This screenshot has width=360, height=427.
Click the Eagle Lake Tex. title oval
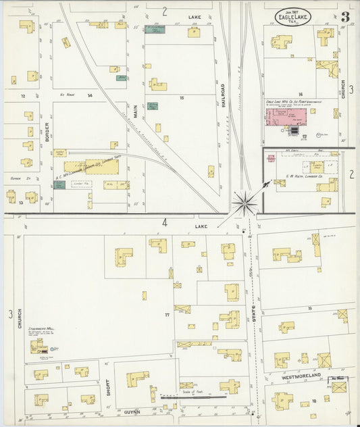coord(293,17)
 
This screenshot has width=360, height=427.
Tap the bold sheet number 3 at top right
coord(345,17)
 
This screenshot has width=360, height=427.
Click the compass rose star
coord(245,202)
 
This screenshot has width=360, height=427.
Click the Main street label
coord(135,111)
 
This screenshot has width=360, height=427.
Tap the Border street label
coord(47,129)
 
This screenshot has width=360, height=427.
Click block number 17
coord(167,315)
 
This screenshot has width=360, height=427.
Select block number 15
coord(181,98)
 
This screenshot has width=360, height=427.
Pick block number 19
coord(309,307)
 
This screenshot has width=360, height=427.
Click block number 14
coord(89,96)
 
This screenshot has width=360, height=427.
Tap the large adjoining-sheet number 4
coord(164,222)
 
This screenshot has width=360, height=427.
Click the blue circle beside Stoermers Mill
coord(55,349)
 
